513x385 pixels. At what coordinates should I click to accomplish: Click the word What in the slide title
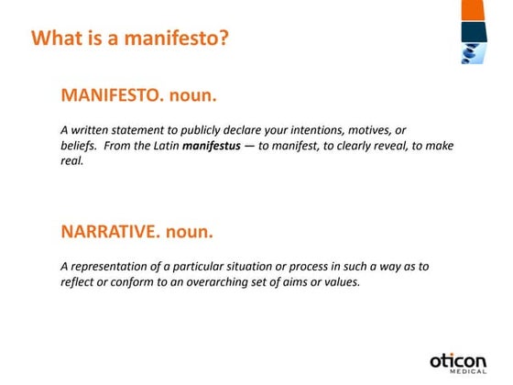pos(53,39)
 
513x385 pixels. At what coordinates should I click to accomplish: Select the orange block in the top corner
pos(474,10)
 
